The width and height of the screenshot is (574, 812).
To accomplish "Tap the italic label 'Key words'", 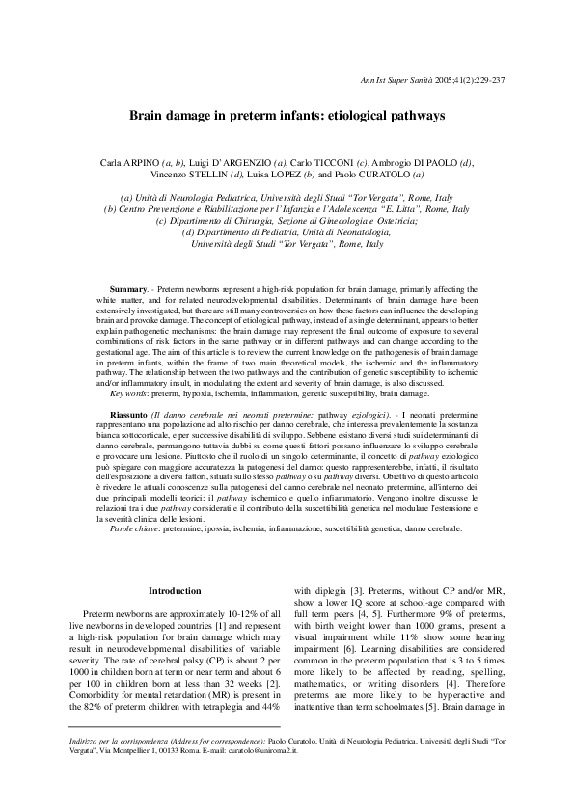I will (131, 394).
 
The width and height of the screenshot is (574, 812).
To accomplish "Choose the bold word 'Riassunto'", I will (130, 413).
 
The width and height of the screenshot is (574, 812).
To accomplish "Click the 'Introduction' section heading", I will (174, 590).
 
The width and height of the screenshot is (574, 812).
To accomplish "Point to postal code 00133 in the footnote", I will (179, 762).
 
